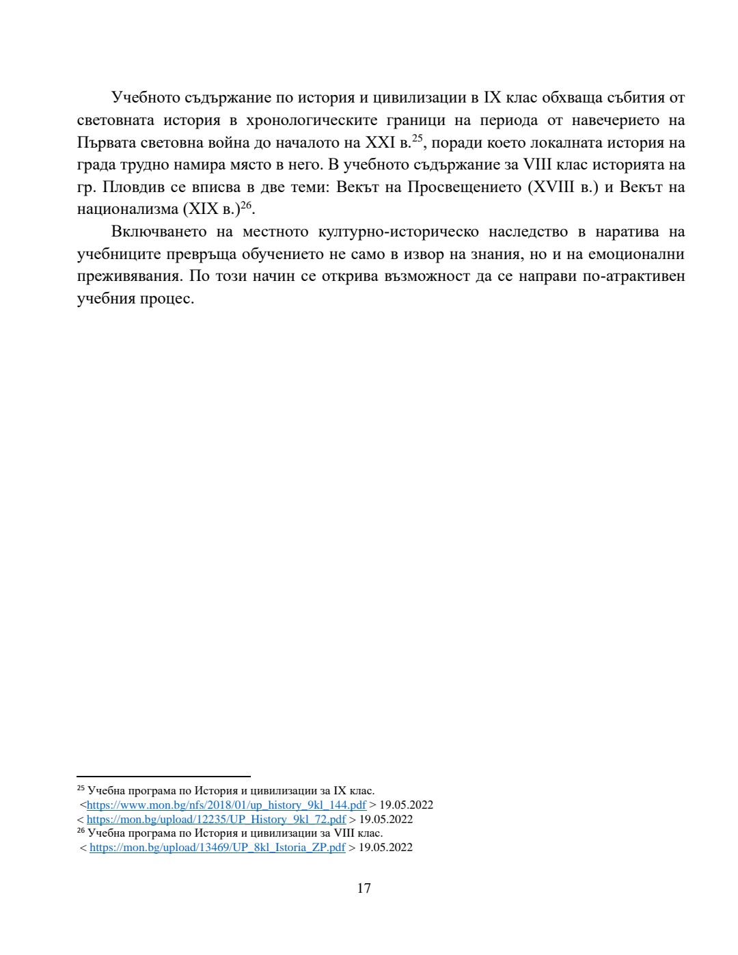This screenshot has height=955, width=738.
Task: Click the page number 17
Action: coord(364,888)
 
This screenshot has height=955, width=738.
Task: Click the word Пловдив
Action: coord(132,187)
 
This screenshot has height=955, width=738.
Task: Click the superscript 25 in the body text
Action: coord(418,138)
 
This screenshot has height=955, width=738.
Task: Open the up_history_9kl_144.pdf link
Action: coord(226,805)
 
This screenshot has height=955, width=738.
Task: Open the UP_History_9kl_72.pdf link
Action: coord(216,819)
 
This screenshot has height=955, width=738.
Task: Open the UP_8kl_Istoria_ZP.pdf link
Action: coord(217,848)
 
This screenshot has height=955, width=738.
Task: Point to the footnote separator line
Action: coord(163,777)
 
